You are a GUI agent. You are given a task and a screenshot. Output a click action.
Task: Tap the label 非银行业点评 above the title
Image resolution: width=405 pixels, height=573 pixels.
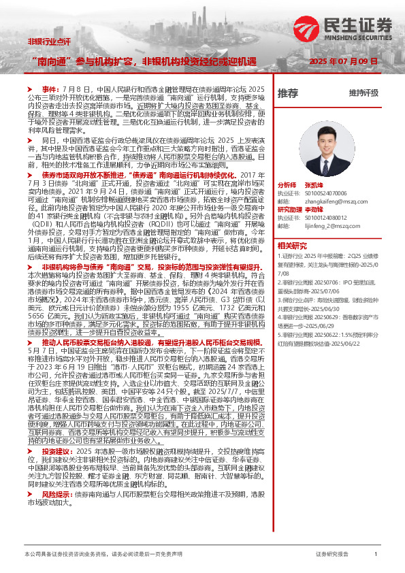pos(49,42)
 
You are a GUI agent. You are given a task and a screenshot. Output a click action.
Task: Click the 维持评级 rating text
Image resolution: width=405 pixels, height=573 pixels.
pos(363,93)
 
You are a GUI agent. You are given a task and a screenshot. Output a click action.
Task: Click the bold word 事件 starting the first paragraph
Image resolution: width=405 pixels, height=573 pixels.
pos(50,89)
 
